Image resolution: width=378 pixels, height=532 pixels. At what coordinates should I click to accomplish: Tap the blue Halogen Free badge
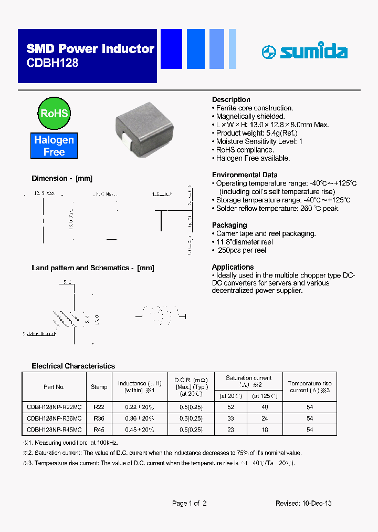point(54,146)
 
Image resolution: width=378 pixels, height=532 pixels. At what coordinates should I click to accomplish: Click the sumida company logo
point(304,52)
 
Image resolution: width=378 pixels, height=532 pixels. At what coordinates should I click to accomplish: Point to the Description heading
point(231,99)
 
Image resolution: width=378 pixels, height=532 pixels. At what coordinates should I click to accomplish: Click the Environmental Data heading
point(245,175)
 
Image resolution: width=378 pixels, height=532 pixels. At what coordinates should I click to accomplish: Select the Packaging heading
point(229,225)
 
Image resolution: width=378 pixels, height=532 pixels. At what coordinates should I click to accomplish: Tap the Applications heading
point(233,267)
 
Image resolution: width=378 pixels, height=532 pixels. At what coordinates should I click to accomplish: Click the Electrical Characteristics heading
point(73,366)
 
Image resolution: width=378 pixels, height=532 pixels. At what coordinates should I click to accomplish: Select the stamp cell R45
point(99,429)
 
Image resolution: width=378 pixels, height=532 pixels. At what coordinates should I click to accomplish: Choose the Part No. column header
point(54,387)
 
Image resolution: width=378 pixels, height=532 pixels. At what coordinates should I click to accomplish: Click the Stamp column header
point(99,387)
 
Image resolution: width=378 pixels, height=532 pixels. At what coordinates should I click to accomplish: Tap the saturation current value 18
point(265,429)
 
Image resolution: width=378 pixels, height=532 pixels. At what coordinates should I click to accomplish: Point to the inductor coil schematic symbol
point(161,315)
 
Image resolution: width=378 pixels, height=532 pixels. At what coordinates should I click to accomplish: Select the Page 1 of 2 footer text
point(189,503)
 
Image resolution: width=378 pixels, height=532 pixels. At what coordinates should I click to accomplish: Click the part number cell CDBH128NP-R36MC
point(54,418)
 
